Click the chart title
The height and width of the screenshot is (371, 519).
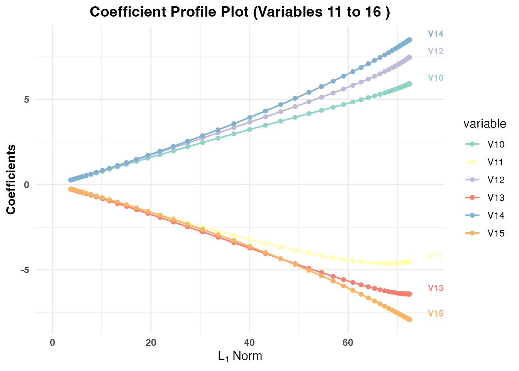pyautogui.click(x=240, y=12)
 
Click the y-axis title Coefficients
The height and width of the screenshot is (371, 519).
pyautogui.click(x=11, y=179)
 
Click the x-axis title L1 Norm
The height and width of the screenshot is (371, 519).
pyautogui.click(x=240, y=356)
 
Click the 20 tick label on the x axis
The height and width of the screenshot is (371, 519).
pyautogui.click(x=151, y=343)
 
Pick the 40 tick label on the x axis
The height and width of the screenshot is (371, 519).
pyautogui.click(x=249, y=343)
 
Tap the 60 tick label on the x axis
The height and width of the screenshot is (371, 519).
pyautogui.click(x=348, y=343)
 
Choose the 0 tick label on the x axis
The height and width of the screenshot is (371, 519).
pyautogui.click(x=53, y=343)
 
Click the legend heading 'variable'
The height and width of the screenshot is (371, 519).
pyautogui.click(x=485, y=124)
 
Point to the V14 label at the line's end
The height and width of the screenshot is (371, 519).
pyautogui.click(x=436, y=34)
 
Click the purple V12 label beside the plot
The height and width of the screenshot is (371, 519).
pyautogui.click(x=436, y=51)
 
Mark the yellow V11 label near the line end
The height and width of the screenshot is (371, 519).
pyautogui.click(x=436, y=255)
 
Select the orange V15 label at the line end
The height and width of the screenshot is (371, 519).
pyautogui.click(x=436, y=314)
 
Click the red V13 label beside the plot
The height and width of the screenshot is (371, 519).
pyautogui.click(x=436, y=288)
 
